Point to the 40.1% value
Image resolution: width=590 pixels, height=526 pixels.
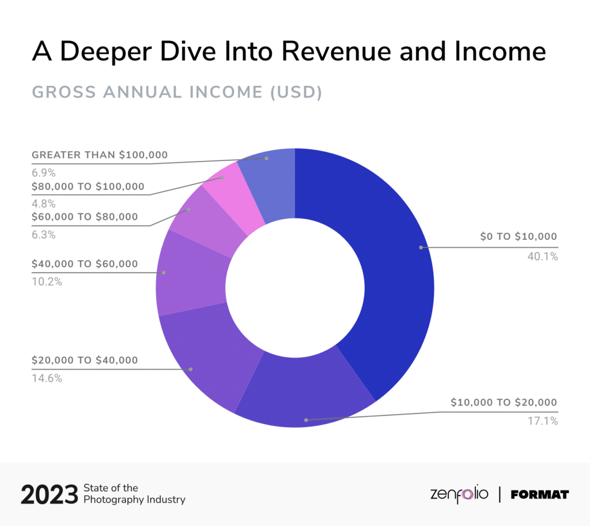pyautogui.click(x=542, y=257)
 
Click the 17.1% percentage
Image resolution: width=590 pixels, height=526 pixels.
pyautogui.click(x=542, y=421)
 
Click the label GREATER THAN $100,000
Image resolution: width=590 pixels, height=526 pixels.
pyautogui.click(x=99, y=155)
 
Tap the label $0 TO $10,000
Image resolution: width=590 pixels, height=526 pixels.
pyautogui.click(x=519, y=236)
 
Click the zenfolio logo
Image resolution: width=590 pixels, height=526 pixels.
pyautogui.click(x=459, y=494)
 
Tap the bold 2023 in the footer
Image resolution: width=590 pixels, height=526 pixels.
pyautogui.click(x=49, y=495)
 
